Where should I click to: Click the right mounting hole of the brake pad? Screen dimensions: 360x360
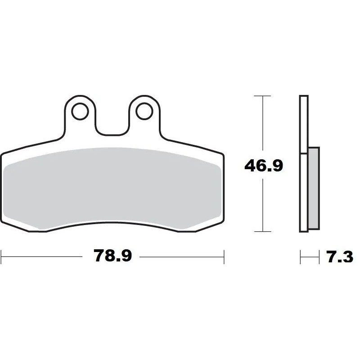(144, 111)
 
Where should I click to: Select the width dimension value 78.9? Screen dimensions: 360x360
(112, 256)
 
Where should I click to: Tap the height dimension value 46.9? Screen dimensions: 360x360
(263, 166)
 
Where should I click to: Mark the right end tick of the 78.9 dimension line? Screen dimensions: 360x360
(224, 256)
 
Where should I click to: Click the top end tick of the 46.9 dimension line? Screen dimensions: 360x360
(262, 96)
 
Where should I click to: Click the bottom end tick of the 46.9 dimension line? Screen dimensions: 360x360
(262, 232)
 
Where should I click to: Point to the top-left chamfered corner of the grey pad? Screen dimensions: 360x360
(8, 166)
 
